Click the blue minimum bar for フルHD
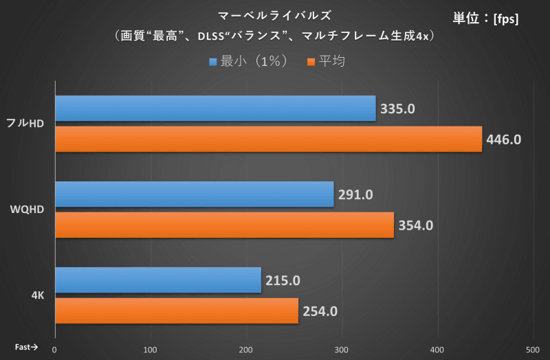pos(215,109)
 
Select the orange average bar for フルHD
pos(268,139)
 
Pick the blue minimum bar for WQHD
pos(194,194)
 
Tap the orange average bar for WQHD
pos(224,225)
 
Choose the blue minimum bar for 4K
pos(157,280)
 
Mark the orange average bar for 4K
pos(176,311)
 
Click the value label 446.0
pos(504,139)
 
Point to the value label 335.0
pos(398,109)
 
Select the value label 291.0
pos(355,194)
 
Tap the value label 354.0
pos(415,225)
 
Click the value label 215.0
pos(283,280)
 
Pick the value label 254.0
pos(320,311)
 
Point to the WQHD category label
pos(28,210)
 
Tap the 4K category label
pos(38,295)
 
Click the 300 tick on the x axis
pos(341,349)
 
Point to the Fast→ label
pos(26,347)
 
